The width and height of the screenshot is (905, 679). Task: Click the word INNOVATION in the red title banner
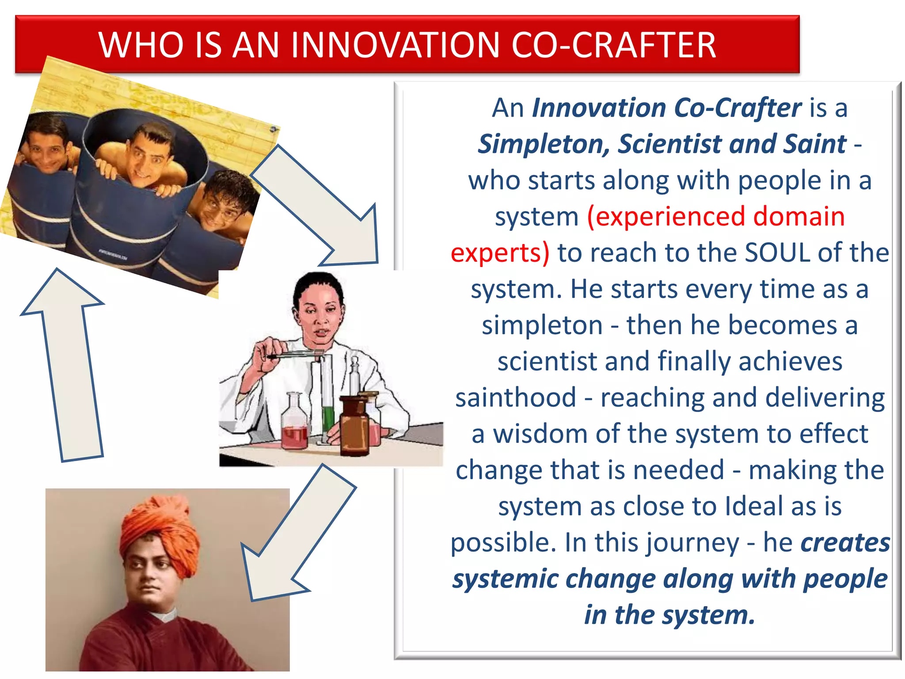coord(396,45)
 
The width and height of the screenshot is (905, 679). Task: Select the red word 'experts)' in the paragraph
coord(500,253)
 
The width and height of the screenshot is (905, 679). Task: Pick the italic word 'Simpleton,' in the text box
coord(544,144)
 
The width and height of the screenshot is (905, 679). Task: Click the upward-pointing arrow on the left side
coord(66,367)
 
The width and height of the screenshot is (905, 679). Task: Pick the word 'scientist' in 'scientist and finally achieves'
coord(548,361)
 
